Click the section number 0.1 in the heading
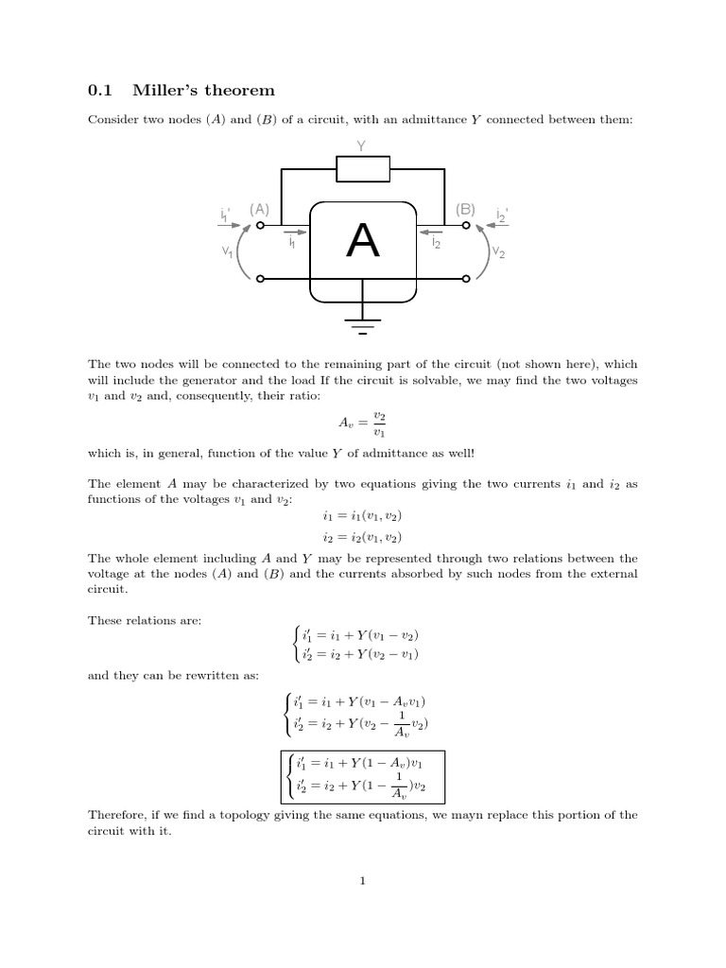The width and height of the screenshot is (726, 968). [99, 91]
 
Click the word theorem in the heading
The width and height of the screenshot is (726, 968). [240, 91]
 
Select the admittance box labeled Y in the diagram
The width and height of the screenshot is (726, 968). [363, 168]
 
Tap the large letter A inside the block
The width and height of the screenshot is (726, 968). [363, 242]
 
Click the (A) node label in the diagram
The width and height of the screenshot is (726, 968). [259, 209]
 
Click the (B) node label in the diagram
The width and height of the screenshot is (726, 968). [466, 209]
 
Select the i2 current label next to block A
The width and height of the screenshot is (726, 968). [435, 244]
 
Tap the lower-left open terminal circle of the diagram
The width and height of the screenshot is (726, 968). [260, 279]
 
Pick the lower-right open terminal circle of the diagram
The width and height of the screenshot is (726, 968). [466, 279]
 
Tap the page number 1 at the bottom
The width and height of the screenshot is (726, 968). [362, 882]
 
